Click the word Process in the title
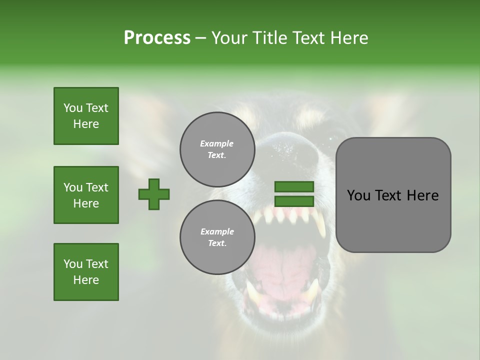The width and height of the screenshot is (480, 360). pos(157,37)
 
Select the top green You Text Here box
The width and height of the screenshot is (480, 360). pos(86,116)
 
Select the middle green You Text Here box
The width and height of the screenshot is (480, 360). pos(86,195)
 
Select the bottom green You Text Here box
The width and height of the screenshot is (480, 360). pos(86,272)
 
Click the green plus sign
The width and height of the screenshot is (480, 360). pos(154,194)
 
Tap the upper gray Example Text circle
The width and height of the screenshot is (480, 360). pos(217,149)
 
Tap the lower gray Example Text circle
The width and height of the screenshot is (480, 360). pos(217,237)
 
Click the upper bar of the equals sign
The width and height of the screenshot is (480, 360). pos(294,187)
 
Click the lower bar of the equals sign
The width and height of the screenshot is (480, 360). pos(294,201)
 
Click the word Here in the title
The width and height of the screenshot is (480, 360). pos(348,37)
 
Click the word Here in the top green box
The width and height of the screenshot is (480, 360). pos(86,124)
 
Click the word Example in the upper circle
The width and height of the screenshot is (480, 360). pos(217,143)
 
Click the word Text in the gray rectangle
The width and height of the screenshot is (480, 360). pos(390,195)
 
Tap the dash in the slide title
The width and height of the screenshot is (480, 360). pos(200,38)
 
